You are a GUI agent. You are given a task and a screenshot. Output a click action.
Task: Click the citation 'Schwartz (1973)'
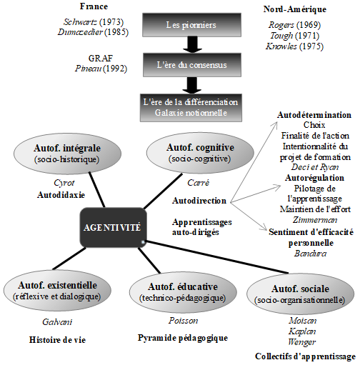[80, 22]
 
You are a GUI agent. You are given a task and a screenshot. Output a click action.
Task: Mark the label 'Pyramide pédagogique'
[182, 337]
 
